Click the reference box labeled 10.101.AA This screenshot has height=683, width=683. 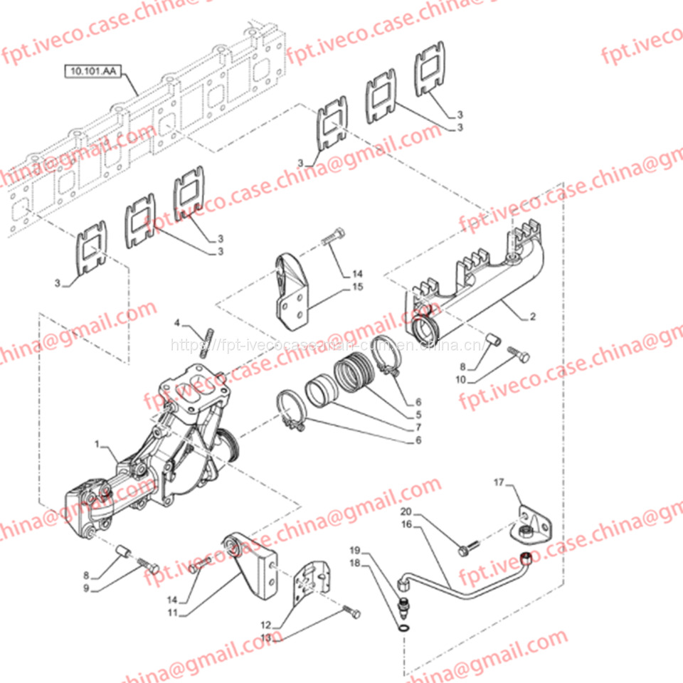coord(92,70)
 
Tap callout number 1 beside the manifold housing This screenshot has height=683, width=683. coord(98,444)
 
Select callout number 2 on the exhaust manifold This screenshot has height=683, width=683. coord(532,315)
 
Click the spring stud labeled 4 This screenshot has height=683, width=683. coord(208,341)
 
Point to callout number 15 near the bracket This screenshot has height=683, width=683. coord(356,287)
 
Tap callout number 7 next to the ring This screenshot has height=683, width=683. coord(419,427)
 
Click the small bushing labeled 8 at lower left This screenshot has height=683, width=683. coord(122,553)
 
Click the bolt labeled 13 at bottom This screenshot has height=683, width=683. coord(351,612)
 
